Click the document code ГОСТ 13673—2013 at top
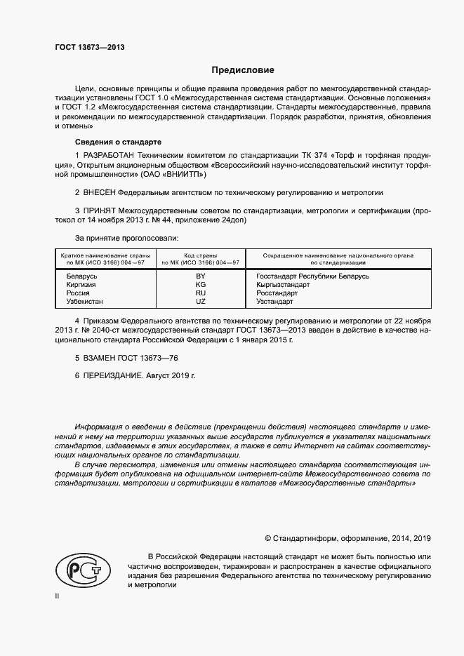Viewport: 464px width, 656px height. [90, 47]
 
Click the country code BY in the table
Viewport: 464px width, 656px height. [200, 276]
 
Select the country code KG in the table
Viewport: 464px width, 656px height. [200, 285]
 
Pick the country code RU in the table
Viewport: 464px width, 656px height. [200, 293]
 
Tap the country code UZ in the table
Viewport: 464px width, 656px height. [200, 302]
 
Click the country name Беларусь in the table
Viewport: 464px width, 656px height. [81, 276]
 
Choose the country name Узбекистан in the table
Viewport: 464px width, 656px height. [84, 302]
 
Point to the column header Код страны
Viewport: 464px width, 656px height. [200, 255]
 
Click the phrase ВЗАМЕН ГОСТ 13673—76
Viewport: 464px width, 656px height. [121, 358]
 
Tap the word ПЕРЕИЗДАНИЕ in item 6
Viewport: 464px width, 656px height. [112, 376]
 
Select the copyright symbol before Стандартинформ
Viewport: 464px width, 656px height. [268, 538]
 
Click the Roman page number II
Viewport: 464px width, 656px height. [58, 596]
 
